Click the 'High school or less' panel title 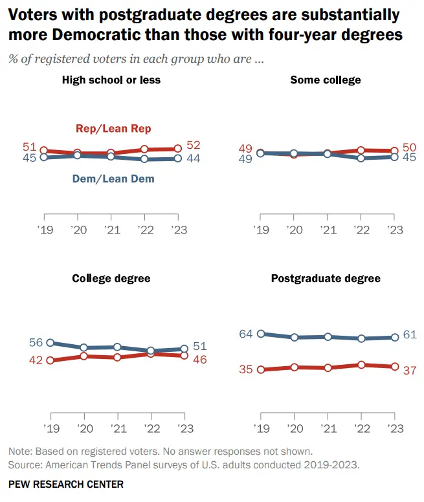click(x=111, y=80)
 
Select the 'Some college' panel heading click(x=326, y=80)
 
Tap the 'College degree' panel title click(x=111, y=278)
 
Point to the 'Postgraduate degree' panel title click(x=326, y=279)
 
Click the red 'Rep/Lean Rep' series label click(x=113, y=129)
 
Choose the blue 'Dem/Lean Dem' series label click(x=113, y=178)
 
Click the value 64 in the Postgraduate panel click(x=245, y=334)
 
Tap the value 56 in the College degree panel click(x=36, y=343)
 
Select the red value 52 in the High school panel click(x=193, y=146)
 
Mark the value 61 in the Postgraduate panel click(x=409, y=335)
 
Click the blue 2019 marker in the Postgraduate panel click(x=261, y=334)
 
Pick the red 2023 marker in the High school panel click(x=178, y=149)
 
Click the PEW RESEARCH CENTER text click(x=66, y=484)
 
